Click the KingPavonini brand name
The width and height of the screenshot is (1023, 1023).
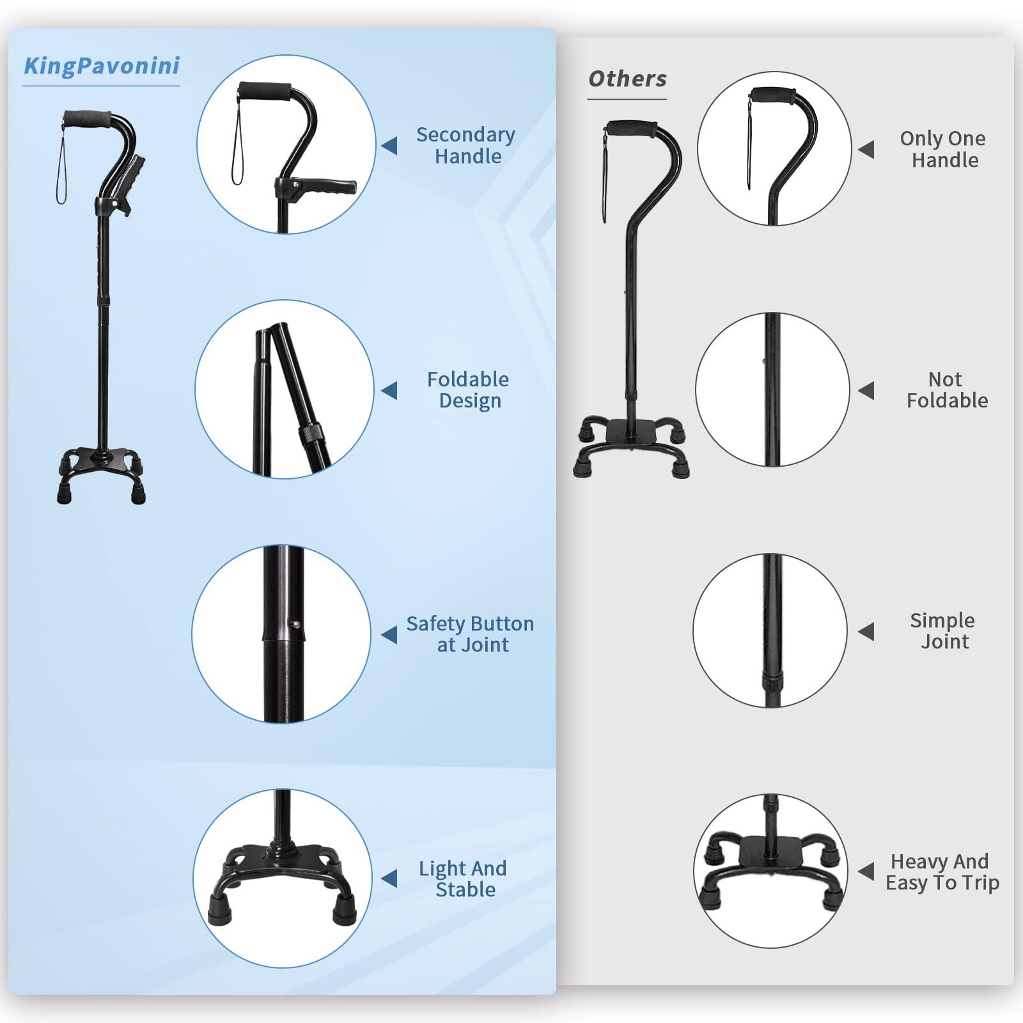pyautogui.click(x=102, y=66)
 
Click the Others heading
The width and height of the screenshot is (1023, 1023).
pyautogui.click(x=627, y=79)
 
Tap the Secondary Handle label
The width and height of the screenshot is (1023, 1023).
pyautogui.click(x=466, y=145)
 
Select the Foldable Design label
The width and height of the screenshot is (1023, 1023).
pyautogui.click(x=468, y=390)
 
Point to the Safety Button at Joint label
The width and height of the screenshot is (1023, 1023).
pyautogui.click(x=470, y=634)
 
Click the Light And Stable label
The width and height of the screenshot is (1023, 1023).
pyautogui.click(x=464, y=879)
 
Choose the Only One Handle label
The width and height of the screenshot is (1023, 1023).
pyautogui.click(x=943, y=149)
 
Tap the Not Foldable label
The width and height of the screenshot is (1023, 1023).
pyautogui.click(x=947, y=390)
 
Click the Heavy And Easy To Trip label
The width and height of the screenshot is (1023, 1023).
pyautogui.click(x=942, y=872)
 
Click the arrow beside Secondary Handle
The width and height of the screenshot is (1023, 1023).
pyautogui.click(x=389, y=146)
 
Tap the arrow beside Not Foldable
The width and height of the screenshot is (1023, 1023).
pyautogui.click(x=866, y=391)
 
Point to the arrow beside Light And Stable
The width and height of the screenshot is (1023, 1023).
pyautogui.click(x=389, y=879)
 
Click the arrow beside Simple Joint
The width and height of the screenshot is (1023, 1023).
pyautogui.click(x=866, y=632)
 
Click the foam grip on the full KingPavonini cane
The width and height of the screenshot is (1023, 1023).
pyautogui.click(x=88, y=118)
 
